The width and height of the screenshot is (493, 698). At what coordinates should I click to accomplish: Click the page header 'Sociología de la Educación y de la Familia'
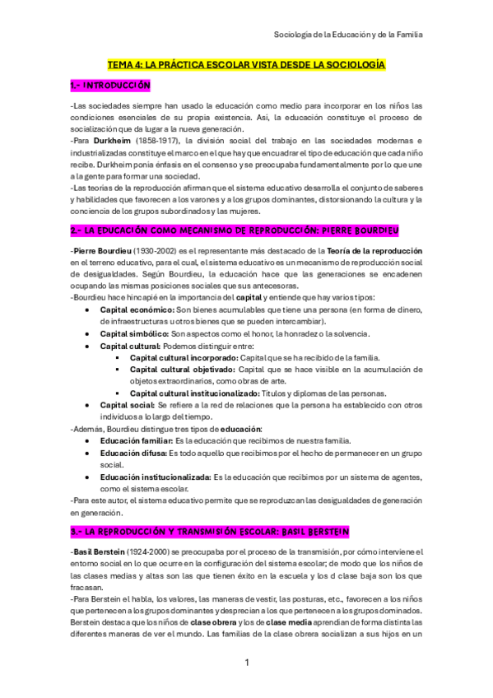[x=348, y=34]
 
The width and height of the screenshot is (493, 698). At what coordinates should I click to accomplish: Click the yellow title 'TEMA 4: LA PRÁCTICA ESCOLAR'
[x=246, y=63]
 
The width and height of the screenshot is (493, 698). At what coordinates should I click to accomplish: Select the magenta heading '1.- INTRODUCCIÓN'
[x=110, y=85]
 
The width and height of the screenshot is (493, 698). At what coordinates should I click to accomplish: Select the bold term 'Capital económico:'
[x=137, y=309]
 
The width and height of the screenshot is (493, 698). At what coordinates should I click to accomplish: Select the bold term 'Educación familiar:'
[x=137, y=440]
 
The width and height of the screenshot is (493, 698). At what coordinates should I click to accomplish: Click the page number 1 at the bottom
[x=246, y=661]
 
